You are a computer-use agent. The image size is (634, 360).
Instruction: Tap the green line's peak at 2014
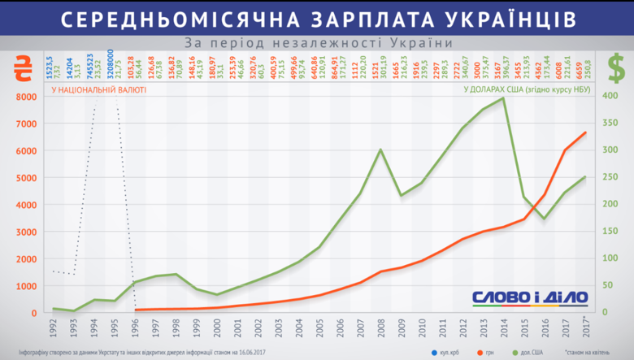coord(504,98)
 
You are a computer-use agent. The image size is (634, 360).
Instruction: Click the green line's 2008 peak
coord(381,150)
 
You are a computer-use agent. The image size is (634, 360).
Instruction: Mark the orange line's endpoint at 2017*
coord(585,133)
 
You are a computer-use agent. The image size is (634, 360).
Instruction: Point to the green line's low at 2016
coord(545,219)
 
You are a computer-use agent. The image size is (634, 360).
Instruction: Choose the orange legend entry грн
coord(491,352)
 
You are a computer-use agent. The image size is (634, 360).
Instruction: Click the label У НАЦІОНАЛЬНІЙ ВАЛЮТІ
coord(98,90)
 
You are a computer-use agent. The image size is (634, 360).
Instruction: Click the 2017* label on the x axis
coord(585,329)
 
